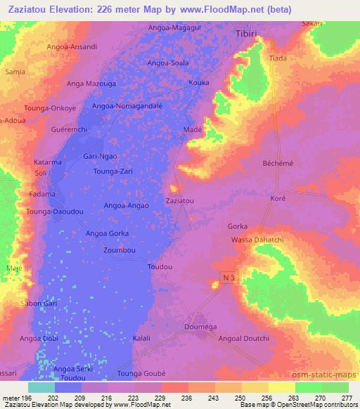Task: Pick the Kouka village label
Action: point(199,82)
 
